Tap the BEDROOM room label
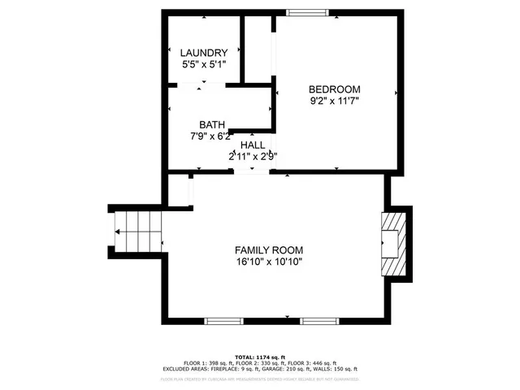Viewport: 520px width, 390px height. (x=334, y=89)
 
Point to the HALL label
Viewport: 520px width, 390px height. (x=252, y=144)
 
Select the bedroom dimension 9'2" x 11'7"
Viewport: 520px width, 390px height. (x=334, y=101)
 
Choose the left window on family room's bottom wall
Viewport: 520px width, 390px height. (x=223, y=321)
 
